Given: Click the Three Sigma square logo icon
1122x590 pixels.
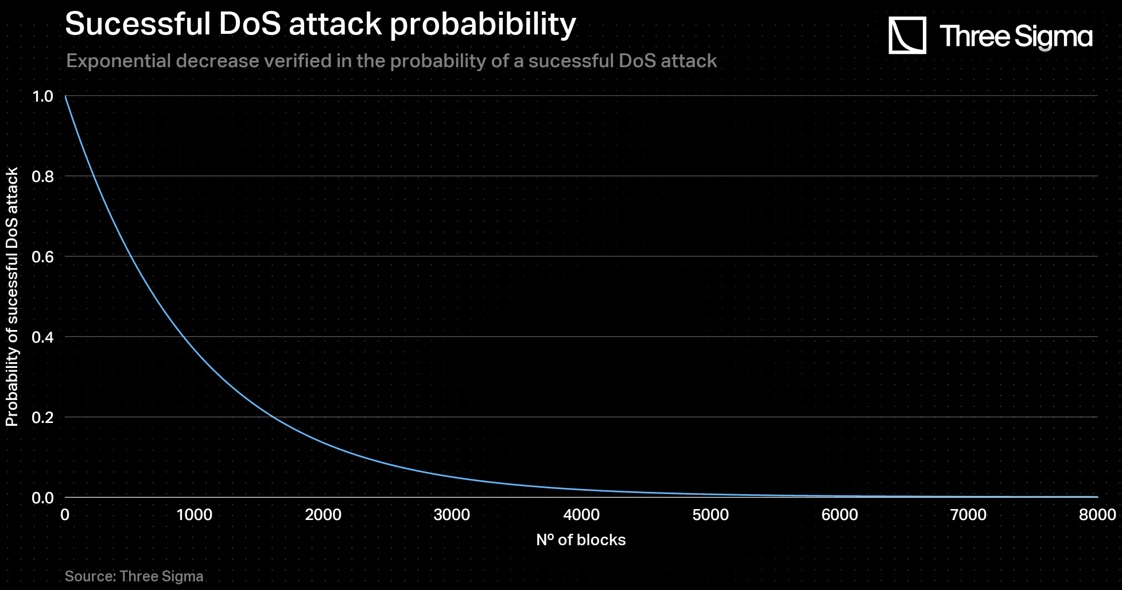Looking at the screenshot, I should click(x=907, y=35).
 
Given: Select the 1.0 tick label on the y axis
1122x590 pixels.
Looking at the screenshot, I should click(x=43, y=96).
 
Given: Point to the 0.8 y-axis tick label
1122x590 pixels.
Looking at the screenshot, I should click(x=43, y=177).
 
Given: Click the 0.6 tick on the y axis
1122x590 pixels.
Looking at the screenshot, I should click(x=43, y=257).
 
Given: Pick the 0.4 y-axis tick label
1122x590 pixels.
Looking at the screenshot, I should click(x=43, y=337).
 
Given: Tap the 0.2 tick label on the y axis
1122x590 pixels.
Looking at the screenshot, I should click(x=43, y=418).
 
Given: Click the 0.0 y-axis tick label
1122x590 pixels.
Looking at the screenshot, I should click(x=43, y=498).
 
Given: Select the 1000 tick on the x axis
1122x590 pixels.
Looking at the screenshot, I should click(x=194, y=515).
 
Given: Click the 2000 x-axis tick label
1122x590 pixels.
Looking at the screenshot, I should click(x=323, y=515).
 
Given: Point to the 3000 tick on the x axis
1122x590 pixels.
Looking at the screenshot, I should click(x=452, y=515).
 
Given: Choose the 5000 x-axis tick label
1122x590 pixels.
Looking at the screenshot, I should click(x=711, y=515).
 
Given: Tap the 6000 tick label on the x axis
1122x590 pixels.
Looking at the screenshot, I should click(x=840, y=515).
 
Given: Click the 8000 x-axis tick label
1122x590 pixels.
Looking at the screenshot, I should click(x=1097, y=515).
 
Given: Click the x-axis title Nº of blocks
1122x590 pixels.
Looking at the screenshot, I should click(x=581, y=540).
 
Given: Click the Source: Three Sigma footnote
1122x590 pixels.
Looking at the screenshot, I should click(x=134, y=576).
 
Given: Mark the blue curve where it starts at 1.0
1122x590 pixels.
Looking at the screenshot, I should click(x=65, y=96).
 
